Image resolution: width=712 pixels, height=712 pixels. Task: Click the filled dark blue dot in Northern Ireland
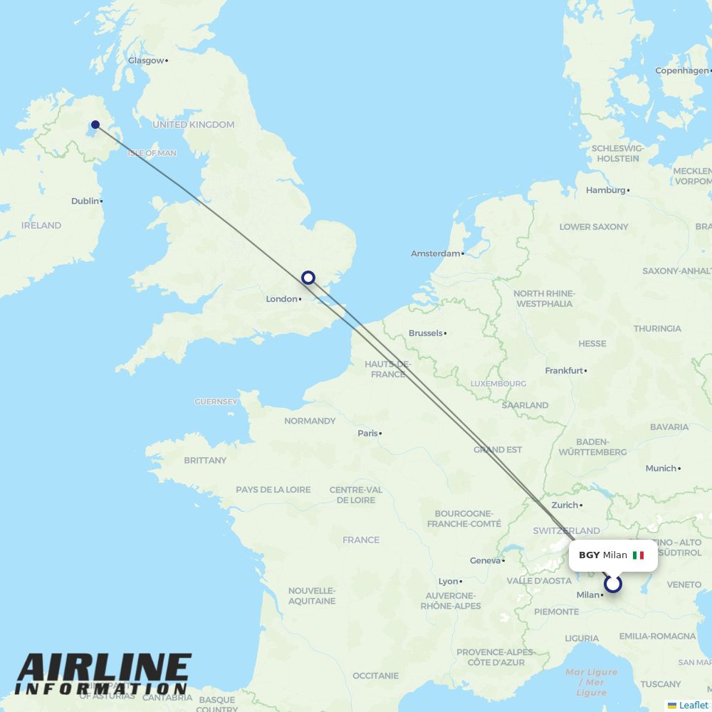pos(95,125)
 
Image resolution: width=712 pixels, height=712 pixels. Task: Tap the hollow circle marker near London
pos(308,278)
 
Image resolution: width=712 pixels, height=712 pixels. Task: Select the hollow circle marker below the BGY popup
pos(613,585)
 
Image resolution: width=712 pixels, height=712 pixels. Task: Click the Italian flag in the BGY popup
pos(638,555)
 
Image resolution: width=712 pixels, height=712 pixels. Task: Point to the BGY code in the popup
pos(589,555)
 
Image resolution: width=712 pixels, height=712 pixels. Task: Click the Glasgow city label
pos(146,61)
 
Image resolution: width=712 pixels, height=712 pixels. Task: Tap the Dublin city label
pos(85,201)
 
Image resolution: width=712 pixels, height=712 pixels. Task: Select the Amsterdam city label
pos(435,253)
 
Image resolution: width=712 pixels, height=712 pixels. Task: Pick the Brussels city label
pos(426,333)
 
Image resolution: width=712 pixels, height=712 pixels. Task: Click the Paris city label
pos(367,433)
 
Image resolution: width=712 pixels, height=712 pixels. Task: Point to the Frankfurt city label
pos(564,371)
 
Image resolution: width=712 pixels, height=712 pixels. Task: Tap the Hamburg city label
pos(605,190)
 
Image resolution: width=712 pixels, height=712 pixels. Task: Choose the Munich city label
pos(661,468)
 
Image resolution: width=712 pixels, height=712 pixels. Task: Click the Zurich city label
pos(565,505)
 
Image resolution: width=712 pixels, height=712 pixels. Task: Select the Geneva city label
pos(486,561)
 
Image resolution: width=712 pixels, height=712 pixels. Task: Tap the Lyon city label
pos(449,582)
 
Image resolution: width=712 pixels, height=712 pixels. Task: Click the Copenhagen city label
pos(681,70)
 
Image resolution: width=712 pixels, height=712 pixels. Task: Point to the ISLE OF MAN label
pos(152,153)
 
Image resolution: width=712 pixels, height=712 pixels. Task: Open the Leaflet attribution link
pos(693,705)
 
